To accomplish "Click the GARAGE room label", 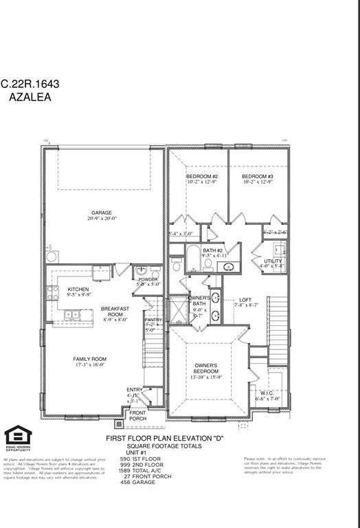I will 102,212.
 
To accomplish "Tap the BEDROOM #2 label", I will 202,176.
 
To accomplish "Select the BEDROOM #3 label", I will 258,176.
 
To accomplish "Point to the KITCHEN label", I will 78,289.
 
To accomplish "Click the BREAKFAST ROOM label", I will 115,312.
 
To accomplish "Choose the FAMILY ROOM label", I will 90,359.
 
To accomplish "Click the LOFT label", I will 245,300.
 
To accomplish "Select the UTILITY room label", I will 273,261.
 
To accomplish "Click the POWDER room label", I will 148,280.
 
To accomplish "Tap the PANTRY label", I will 153,320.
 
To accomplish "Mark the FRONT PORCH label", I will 138,415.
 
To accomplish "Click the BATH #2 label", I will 212,250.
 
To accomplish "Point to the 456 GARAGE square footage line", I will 137,482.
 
